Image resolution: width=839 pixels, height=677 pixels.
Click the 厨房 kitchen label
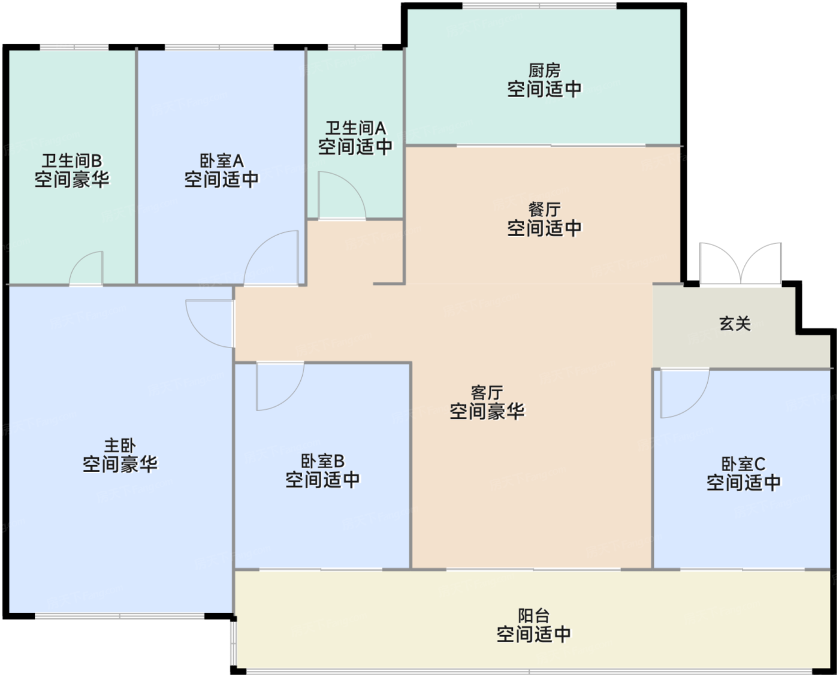pyautogui.click(x=544, y=71)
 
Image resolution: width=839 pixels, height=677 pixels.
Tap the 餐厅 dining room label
pyautogui.click(x=544, y=210)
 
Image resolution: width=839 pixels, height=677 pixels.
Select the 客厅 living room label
pyautogui.click(x=487, y=392)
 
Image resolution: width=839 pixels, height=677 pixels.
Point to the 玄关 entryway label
pyautogui.click(x=735, y=324)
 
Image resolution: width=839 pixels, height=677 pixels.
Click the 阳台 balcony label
pyautogui.click(x=534, y=615)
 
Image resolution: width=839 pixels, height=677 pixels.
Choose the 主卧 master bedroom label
pyautogui.click(x=120, y=446)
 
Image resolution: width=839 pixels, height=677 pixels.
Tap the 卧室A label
pyautogui.click(x=222, y=161)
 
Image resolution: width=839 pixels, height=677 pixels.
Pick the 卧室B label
pyautogui.click(x=322, y=461)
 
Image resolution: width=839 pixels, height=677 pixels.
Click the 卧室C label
pyautogui.click(x=743, y=464)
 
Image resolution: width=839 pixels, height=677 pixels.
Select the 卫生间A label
pyautogui.click(x=355, y=128)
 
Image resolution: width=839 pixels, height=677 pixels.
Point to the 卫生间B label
pyautogui.click(x=72, y=161)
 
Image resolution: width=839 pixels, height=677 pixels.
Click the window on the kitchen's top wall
pyautogui.click(x=539, y=6)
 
